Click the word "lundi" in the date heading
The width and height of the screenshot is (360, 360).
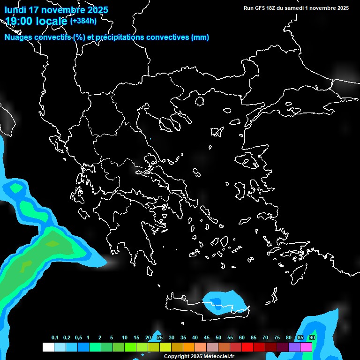[15, 10]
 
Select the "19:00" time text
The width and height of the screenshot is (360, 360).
[19, 21]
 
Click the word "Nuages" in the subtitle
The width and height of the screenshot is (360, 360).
[19, 37]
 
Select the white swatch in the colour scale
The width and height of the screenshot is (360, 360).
[48, 347]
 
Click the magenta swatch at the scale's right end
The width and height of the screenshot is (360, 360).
[306, 347]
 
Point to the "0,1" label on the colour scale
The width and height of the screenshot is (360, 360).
[55, 338]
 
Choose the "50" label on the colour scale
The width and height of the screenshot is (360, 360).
[218, 338]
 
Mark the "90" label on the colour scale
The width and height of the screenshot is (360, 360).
[312, 338]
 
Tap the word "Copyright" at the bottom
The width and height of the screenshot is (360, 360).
[176, 357]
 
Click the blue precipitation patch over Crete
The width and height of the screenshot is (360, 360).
[223, 301]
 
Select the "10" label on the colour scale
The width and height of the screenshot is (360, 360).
[125, 338]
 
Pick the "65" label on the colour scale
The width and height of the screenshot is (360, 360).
[254, 338]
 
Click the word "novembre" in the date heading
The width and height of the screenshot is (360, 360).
[59, 10]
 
